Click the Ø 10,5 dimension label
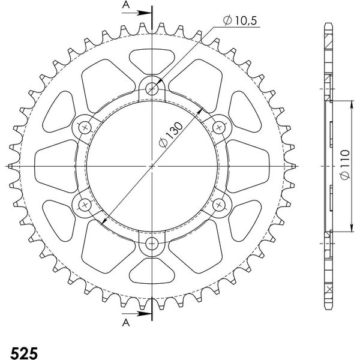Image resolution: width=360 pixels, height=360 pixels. [240, 20]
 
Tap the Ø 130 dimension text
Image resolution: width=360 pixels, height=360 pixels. [171, 135]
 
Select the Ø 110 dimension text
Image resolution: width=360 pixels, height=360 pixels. [345, 164]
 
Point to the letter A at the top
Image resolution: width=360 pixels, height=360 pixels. [126, 4]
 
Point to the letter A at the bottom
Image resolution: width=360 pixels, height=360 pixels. [126, 323]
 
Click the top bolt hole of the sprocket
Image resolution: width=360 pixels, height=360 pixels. [152, 88]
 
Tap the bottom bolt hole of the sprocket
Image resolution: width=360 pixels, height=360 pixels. [152, 244]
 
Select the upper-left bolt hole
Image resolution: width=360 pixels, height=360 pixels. [85, 127]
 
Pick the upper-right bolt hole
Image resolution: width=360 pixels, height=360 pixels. [219, 127]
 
